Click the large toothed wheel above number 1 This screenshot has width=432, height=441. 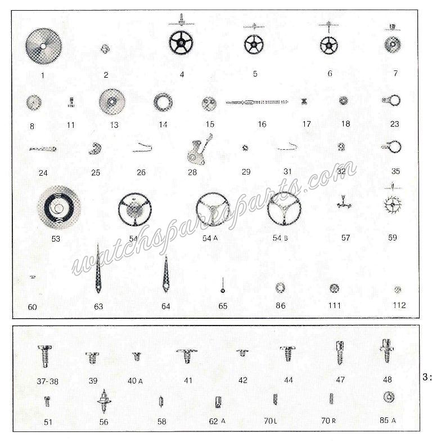pyautogui.click(x=43, y=45)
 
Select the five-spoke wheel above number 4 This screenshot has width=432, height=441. pyautogui.click(x=181, y=43)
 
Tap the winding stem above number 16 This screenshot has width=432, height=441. pyautogui.click(x=257, y=103)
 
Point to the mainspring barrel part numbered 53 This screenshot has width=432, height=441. pyautogui.click(x=59, y=208)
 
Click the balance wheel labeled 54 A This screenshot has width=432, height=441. pyautogui.click(x=213, y=209)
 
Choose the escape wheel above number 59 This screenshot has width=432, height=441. pyautogui.click(x=393, y=204)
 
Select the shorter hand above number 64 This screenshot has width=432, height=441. pyautogui.click(x=166, y=274)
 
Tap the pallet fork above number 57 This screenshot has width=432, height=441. pyautogui.click(x=344, y=203)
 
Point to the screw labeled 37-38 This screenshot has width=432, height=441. pyautogui.click(x=45, y=357)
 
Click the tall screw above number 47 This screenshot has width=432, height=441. pyautogui.click(x=340, y=353)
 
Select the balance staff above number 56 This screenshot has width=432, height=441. pyautogui.click(x=104, y=401)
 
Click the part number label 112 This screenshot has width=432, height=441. pyautogui.click(x=399, y=305)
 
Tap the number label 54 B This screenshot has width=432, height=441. pyautogui.click(x=280, y=238)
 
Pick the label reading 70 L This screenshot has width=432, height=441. pyautogui.click(x=270, y=421)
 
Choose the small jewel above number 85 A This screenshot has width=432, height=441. pyautogui.click(x=389, y=397)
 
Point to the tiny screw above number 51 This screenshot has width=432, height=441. pyautogui.click(x=47, y=402)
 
